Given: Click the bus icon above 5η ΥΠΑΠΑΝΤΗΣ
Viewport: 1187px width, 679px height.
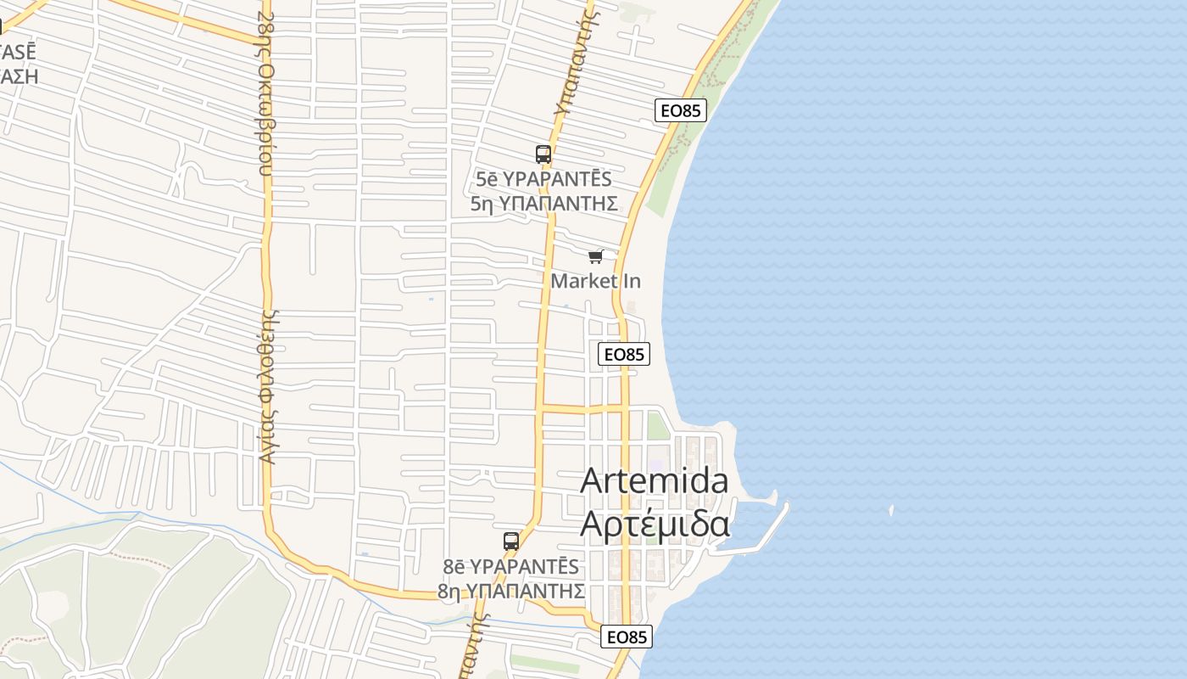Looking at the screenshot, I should tap(543, 154).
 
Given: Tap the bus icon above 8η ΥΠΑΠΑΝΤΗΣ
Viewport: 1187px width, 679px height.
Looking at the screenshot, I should tap(510, 542).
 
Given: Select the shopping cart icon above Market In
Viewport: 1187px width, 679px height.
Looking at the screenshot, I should tap(595, 256).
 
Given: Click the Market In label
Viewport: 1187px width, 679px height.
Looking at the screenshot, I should tap(596, 281).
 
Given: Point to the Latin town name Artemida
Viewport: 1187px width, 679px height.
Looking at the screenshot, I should tap(654, 480).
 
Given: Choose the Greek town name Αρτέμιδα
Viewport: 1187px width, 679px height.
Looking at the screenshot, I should tap(654, 525).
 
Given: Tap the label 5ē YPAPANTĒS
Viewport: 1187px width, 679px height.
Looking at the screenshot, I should tap(543, 180).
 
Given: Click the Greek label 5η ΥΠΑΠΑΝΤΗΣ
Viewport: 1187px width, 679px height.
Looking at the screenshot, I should tap(543, 204).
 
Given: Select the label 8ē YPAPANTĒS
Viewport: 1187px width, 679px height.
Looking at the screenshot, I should tap(510, 566).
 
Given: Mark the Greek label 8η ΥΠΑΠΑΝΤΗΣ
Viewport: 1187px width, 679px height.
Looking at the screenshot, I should tap(510, 590).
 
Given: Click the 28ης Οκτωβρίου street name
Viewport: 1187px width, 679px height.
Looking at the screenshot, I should tap(266, 93).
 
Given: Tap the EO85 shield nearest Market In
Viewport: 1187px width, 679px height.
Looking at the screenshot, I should tap(624, 354).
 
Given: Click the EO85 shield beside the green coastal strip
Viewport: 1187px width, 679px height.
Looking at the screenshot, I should tap(681, 110).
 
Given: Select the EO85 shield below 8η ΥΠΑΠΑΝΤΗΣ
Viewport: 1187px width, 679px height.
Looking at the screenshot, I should tap(627, 637).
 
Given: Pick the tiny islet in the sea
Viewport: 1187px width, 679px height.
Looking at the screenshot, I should tap(891, 510).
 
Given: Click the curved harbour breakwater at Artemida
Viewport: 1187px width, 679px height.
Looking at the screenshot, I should tap(767, 530).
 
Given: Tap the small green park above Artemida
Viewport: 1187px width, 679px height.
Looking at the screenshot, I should tap(658, 424).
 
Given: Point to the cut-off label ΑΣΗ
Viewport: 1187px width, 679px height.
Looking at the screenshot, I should tap(19, 76).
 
